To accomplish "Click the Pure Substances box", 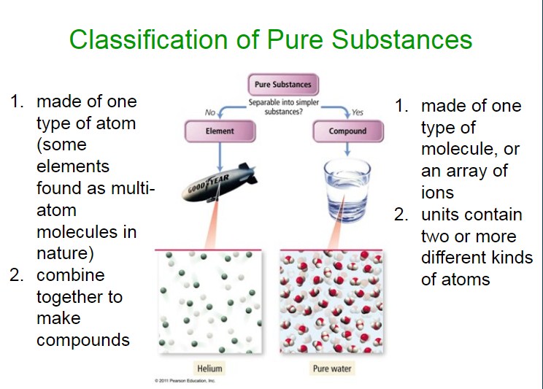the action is [x=283, y=85].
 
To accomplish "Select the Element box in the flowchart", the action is [x=220, y=131].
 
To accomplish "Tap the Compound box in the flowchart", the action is [x=347, y=131].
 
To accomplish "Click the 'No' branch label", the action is [x=210, y=112].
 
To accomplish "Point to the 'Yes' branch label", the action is [x=358, y=112].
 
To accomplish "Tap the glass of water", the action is [x=347, y=190].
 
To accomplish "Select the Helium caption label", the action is [x=209, y=369].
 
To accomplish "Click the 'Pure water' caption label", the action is [x=332, y=369].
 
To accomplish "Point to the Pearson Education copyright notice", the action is [x=185, y=381].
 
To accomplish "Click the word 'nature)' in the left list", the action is [x=65, y=253].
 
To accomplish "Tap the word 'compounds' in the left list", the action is [x=83, y=341].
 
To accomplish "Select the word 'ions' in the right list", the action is [x=437, y=193].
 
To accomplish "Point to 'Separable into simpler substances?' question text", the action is [x=284, y=107].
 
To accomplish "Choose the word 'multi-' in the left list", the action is [x=133, y=188].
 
